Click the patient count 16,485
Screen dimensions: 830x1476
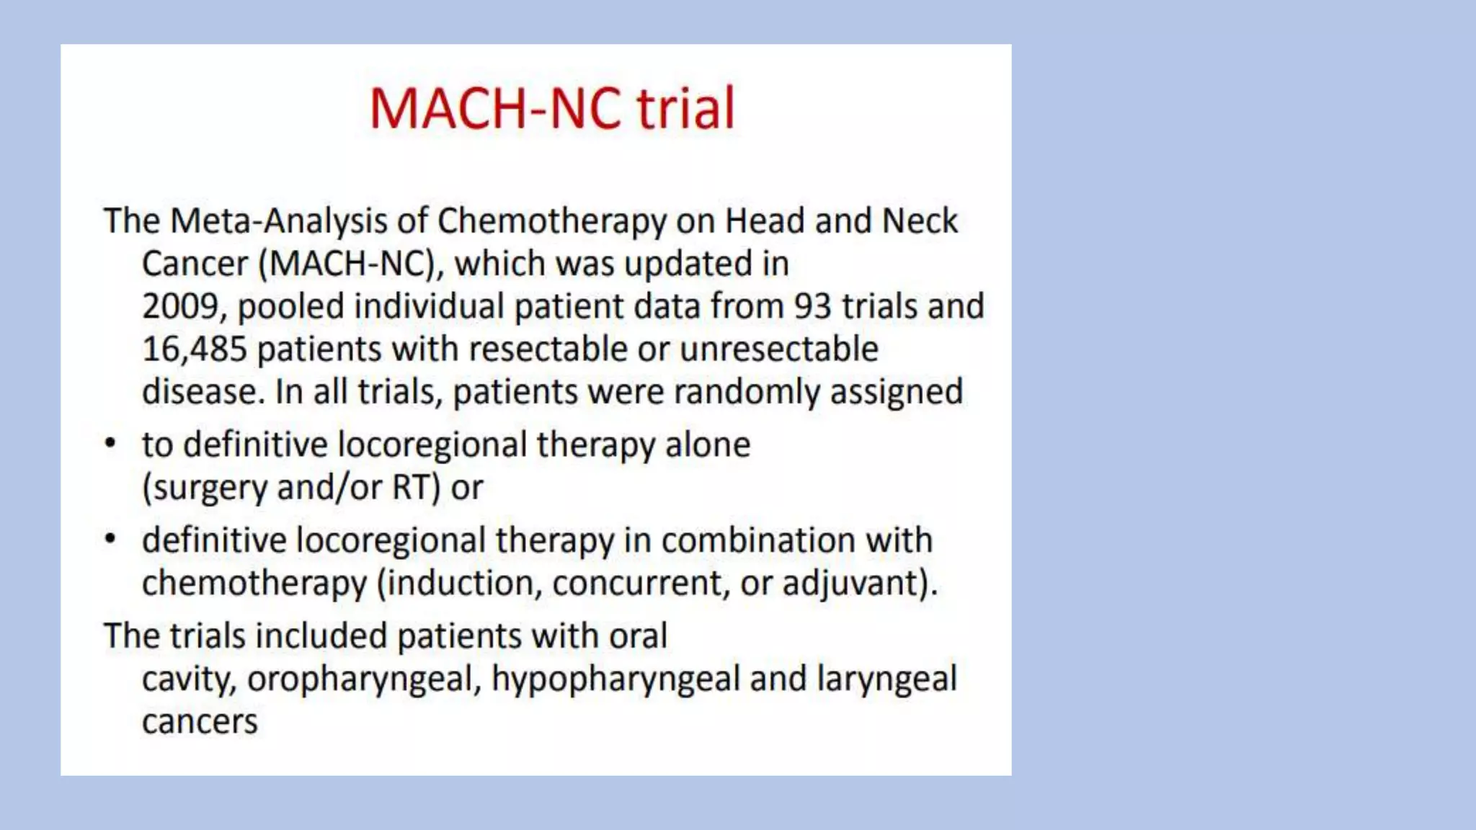click(x=194, y=349)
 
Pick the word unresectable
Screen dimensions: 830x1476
click(x=778, y=349)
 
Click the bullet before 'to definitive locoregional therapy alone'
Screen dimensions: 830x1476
click(x=110, y=443)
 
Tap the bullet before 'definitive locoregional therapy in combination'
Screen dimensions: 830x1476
click(x=110, y=539)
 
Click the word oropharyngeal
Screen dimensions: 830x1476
click(x=363, y=679)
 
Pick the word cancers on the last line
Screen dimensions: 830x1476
click(x=200, y=722)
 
